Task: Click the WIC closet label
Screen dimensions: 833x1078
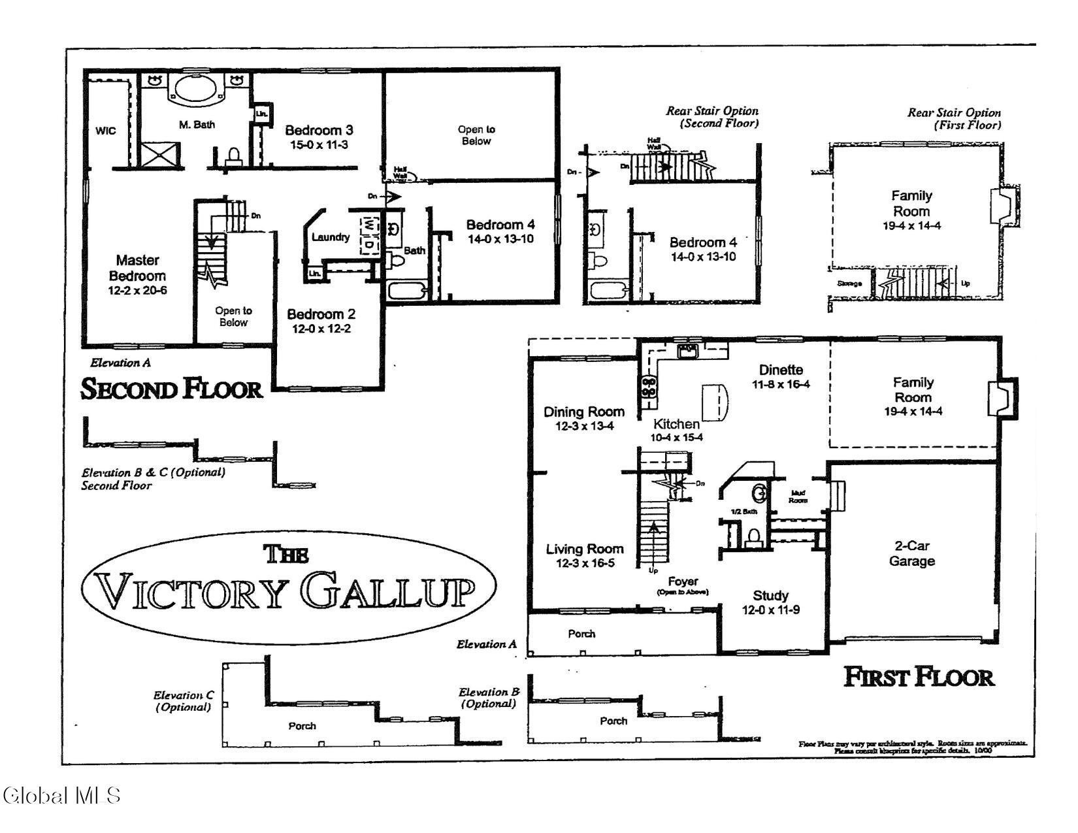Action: click(x=105, y=131)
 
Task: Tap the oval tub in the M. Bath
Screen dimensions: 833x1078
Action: click(x=196, y=88)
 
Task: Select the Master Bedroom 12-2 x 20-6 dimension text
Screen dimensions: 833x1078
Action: click(x=137, y=290)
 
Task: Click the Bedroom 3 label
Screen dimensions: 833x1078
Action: click(x=319, y=130)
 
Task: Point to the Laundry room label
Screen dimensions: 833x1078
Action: click(x=330, y=237)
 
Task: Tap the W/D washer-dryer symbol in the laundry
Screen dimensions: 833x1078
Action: click(x=369, y=234)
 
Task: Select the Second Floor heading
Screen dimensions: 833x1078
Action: click(x=171, y=389)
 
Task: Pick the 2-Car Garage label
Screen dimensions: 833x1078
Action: click(x=911, y=554)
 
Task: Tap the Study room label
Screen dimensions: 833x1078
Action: click(x=770, y=595)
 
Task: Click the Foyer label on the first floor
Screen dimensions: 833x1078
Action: click(x=683, y=581)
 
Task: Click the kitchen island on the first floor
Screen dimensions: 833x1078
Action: click(x=714, y=402)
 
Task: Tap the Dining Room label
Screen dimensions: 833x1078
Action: click(x=583, y=412)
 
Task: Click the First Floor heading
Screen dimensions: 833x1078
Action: click(x=919, y=677)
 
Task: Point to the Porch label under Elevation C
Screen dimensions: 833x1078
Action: click(x=302, y=726)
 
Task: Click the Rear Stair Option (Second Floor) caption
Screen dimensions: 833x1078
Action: click(x=712, y=117)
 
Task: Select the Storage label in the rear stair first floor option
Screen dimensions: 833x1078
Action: click(x=849, y=284)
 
